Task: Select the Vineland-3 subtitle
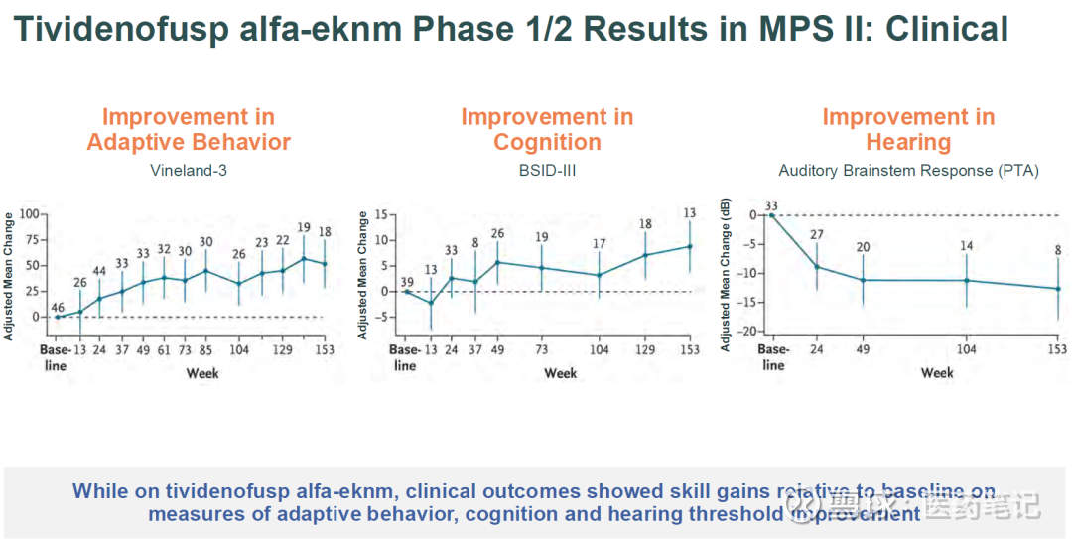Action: (x=189, y=171)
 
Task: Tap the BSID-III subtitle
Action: (x=547, y=171)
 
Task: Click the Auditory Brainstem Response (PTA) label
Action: (x=908, y=171)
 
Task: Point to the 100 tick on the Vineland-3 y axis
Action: (x=27, y=214)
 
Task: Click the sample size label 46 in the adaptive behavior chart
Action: (x=58, y=307)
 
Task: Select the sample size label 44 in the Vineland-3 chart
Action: (x=99, y=271)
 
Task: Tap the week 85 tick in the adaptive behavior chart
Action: (x=206, y=350)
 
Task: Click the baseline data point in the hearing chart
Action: (x=772, y=215)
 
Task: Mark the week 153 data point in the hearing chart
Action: (x=1057, y=289)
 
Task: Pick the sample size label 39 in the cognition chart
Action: (x=406, y=282)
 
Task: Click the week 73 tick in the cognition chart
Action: (x=542, y=350)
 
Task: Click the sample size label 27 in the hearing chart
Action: (x=817, y=234)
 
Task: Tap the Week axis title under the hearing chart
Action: (x=937, y=373)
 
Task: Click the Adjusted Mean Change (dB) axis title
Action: (x=726, y=274)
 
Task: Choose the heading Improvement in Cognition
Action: (x=547, y=130)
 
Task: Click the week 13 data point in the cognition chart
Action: (x=431, y=303)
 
